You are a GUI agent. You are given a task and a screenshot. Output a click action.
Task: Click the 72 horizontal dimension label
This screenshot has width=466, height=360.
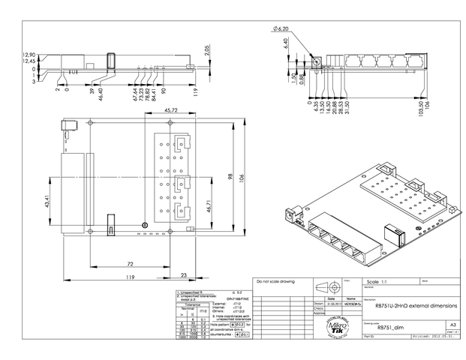(x=131, y=265)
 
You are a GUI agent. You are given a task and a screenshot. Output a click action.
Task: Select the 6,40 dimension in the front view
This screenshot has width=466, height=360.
(x=286, y=44)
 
